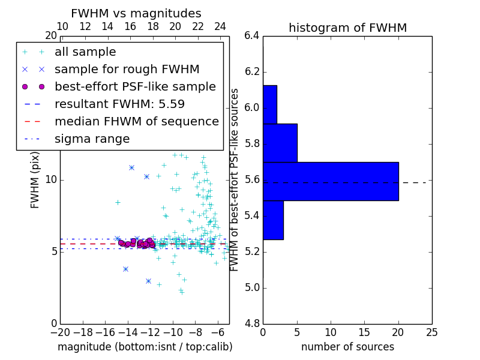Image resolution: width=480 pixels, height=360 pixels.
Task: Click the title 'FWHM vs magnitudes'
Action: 136,13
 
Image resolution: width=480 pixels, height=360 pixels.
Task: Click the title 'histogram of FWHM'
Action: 347,28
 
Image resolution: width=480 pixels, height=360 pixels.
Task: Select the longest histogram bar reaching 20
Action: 331,181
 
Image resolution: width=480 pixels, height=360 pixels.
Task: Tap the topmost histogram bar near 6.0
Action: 270,104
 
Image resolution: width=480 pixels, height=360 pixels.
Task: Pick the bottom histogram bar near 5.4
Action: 273,220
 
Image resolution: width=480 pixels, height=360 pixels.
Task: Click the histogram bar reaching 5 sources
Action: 280,143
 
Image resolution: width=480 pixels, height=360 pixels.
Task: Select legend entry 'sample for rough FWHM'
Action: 127,69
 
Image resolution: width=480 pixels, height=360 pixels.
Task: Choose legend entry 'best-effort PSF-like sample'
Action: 135,86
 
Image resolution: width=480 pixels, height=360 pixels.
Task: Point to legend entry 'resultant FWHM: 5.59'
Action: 119,104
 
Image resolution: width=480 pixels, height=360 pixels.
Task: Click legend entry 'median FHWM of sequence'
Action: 136,121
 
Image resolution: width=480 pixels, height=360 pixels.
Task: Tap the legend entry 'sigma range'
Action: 92,139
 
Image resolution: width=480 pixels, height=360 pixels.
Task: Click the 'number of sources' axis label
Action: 347,347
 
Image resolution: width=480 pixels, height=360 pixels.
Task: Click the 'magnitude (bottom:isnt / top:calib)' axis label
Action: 145,347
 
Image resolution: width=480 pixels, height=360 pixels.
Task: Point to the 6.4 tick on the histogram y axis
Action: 251,36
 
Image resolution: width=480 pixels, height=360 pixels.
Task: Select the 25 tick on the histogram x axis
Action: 432,332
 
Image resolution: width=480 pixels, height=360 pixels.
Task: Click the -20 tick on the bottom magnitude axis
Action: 60,332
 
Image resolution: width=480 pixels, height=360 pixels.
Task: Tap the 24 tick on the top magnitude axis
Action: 220,27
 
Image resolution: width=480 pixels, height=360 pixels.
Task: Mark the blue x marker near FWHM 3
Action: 148,281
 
